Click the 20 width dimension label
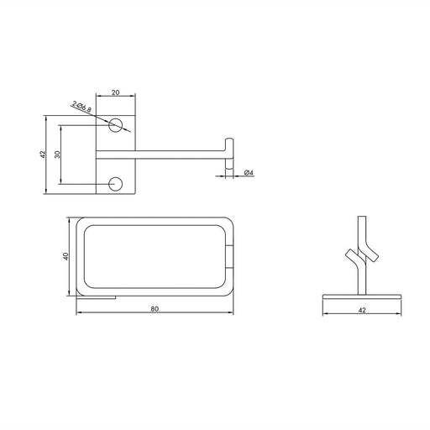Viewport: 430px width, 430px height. (116, 92)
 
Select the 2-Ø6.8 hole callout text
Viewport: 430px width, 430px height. (81, 107)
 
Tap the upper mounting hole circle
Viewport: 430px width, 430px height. (116, 125)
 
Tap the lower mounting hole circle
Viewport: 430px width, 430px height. (116, 184)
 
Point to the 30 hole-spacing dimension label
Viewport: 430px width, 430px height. (57, 155)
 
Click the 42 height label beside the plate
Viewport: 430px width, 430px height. (42, 155)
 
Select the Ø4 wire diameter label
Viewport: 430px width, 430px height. (249, 173)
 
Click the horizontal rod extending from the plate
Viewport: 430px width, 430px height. (160, 155)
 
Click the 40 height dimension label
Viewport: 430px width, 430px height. (66, 256)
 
